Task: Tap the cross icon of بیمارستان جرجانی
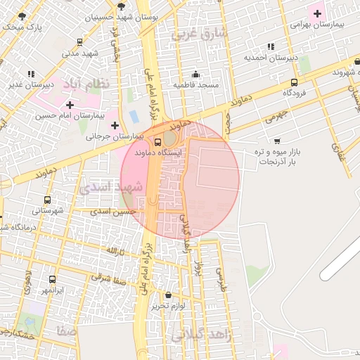point(115,124)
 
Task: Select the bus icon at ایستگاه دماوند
point(157,141)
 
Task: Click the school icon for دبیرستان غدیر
point(31,74)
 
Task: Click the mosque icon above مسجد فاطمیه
point(195,75)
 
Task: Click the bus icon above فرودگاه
point(293,82)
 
